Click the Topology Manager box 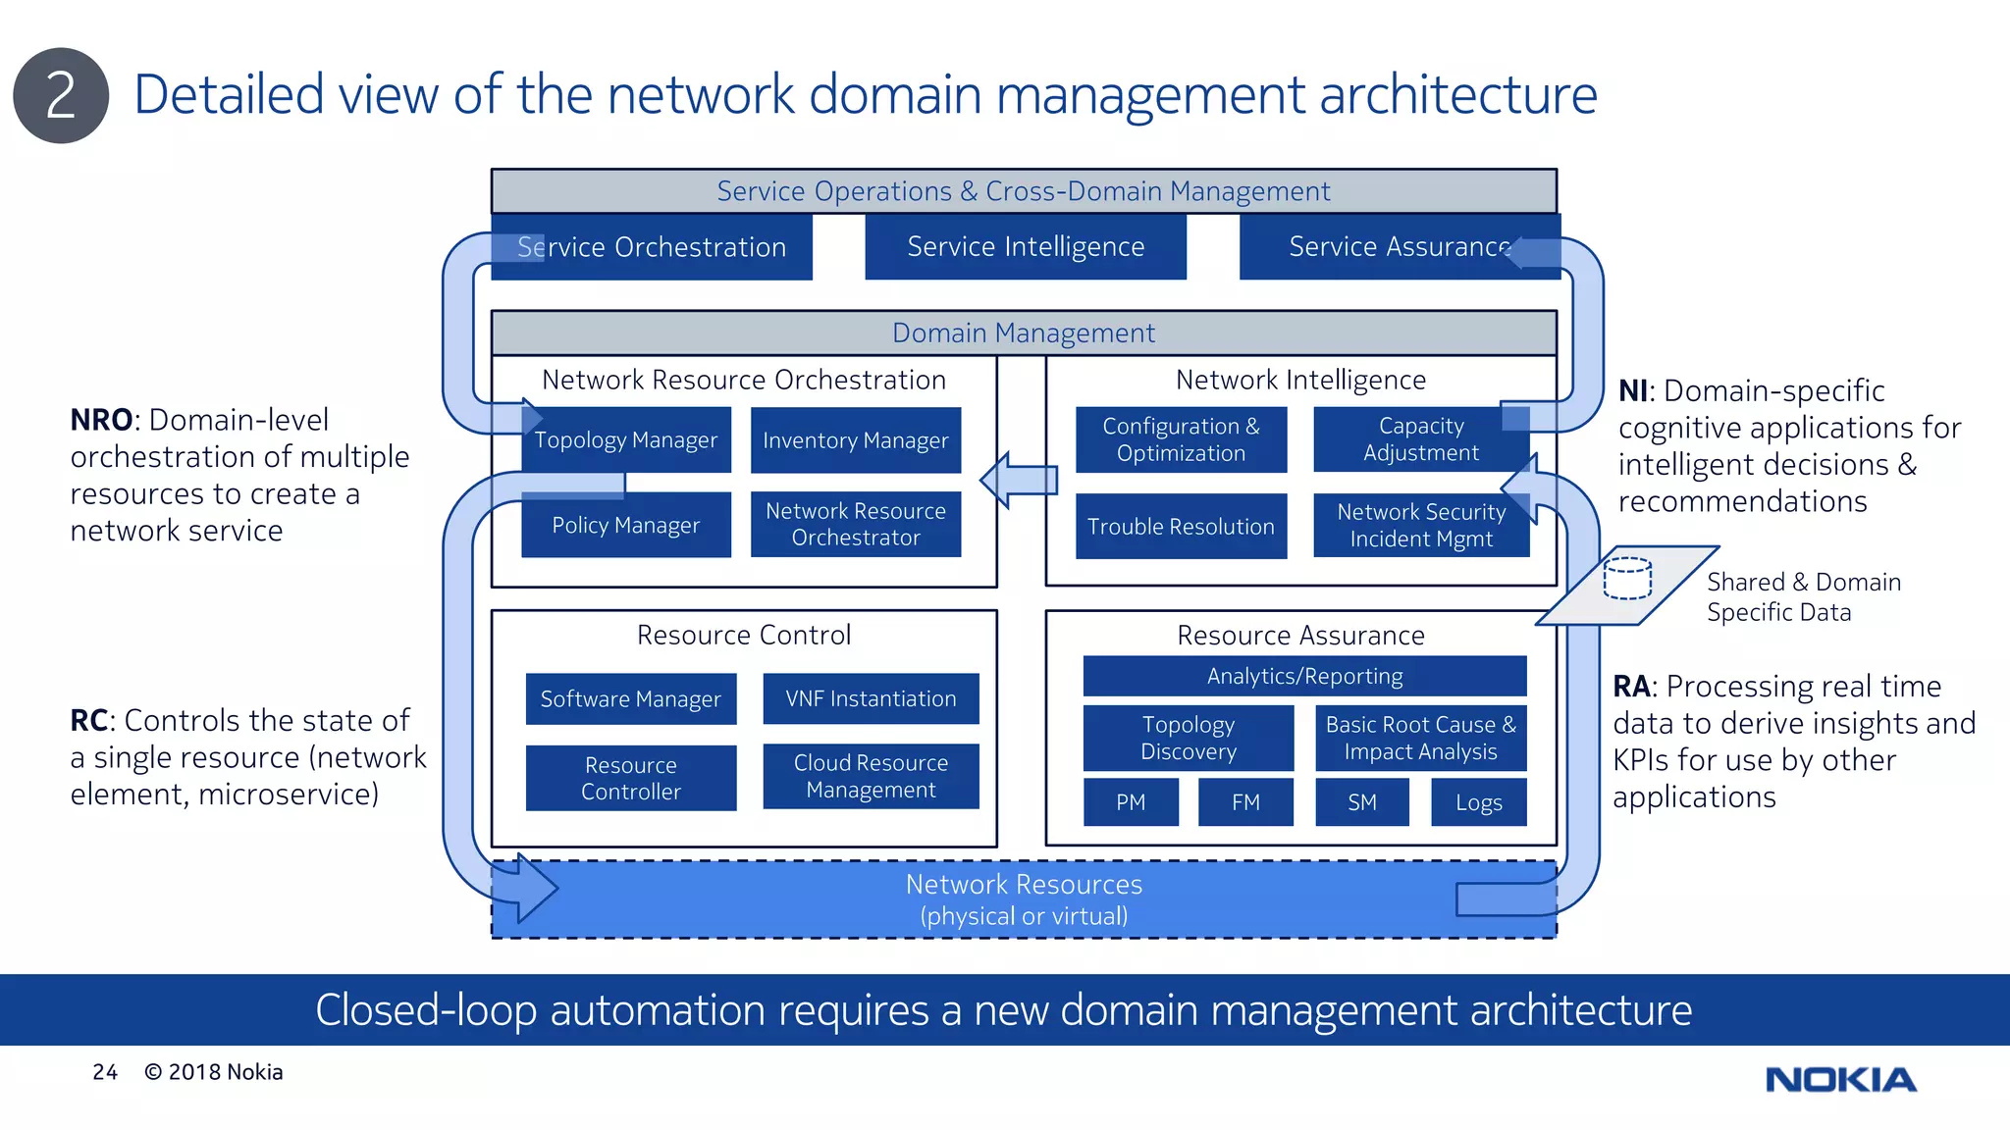626,440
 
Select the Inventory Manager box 855,440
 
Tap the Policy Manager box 626,526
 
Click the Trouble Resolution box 1181,527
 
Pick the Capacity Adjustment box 1420,439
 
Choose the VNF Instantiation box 871,698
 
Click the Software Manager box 630,698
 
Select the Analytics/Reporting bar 1304,676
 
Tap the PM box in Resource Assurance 1131,802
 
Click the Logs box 1478,802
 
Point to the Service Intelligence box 1026,247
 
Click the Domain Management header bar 1024,334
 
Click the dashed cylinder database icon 1627,578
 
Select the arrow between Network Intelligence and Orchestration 1020,480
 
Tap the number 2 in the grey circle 61,96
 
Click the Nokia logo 1840,1080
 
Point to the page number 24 105,1072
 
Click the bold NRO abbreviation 101,420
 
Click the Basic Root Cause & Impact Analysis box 1420,738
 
